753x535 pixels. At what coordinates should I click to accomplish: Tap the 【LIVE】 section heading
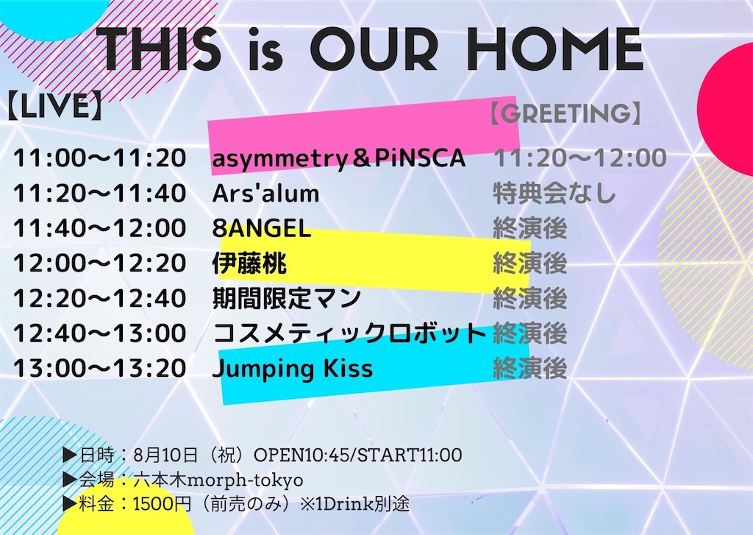(x=54, y=106)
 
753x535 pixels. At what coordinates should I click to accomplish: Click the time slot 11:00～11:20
(x=99, y=158)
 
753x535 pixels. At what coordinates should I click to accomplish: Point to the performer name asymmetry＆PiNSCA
(x=339, y=158)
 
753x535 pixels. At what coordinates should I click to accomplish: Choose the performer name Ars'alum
(x=266, y=194)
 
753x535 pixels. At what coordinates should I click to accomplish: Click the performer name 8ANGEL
(x=262, y=228)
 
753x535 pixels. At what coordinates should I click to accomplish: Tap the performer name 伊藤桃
(x=250, y=263)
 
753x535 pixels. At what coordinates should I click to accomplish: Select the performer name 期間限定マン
(x=287, y=298)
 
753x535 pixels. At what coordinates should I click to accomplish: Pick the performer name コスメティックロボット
(x=350, y=333)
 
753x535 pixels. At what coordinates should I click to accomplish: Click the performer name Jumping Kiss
(x=293, y=369)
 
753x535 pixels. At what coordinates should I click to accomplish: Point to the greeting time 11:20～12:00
(x=580, y=158)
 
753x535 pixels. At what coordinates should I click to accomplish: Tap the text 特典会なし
(x=554, y=194)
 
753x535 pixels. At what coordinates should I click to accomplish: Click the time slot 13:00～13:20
(x=99, y=368)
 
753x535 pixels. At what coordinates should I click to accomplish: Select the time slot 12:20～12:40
(x=99, y=298)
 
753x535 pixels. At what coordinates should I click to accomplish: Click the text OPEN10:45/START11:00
(x=358, y=455)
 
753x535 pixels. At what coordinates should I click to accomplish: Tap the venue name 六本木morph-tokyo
(x=219, y=480)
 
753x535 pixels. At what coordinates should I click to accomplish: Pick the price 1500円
(x=163, y=504)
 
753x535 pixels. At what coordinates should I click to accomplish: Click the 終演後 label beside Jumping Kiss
(x=530, y=368)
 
